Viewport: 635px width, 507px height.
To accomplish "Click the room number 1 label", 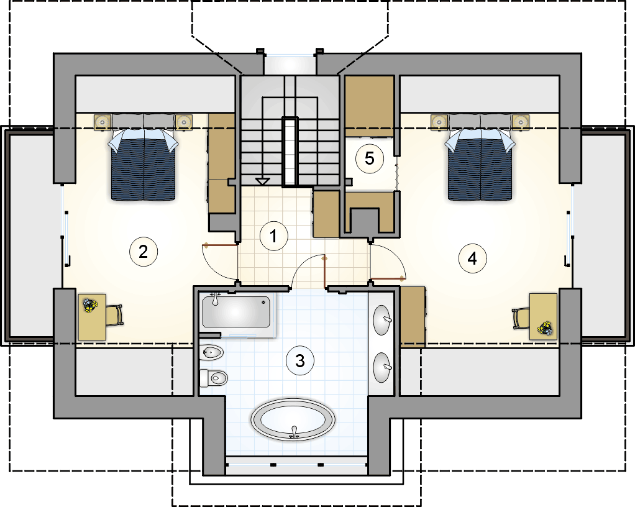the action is pyautogui.click(x=274, y=235).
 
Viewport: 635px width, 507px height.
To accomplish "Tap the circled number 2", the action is pyautogui.click(x=144, y=252).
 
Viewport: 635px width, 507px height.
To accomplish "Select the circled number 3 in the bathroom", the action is pyautogui.click(x=300, y=360).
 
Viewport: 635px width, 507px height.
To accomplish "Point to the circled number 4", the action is pyautogui.click(x=473, y=258).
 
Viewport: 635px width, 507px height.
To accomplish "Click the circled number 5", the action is pyautogui.click(x=369, y=158).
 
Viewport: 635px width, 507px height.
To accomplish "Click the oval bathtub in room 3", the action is pyautogui.click(x=293, y=420).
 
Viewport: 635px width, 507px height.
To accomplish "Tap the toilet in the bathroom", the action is pyautogui.click(x=214, y=378).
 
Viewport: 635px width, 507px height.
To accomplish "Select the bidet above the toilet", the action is pyautogui.click(x=212, y=352).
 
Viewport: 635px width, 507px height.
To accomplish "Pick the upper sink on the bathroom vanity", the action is pyautogui.click(x=382, y=320).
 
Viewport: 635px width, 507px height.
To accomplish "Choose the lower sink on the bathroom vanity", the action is pyautogui.click(x=382, y=367).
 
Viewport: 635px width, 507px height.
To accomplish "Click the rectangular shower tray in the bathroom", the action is pyautogui.click(x=236, y=311).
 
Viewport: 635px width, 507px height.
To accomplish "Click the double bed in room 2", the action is pyautogui.click(x=144, y=157).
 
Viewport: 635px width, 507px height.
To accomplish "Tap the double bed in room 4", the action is pyautogui.click(x=480, y=157).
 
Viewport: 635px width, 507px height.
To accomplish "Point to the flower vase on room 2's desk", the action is pyautogui.click(x=90, y=305).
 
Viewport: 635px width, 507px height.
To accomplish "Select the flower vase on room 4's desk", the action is pyautogui.click(x=545, y=328).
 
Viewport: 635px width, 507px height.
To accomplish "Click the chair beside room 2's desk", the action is pyautogui.click(x=114, y=315).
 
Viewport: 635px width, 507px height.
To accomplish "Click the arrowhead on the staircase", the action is pyautogui.click(x=262, y=181).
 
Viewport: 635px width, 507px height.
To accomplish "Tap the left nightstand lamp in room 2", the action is pyautogui.click(x=103, y=122).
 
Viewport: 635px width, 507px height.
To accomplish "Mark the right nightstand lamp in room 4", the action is pyautogui.click(x=521, y=122).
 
